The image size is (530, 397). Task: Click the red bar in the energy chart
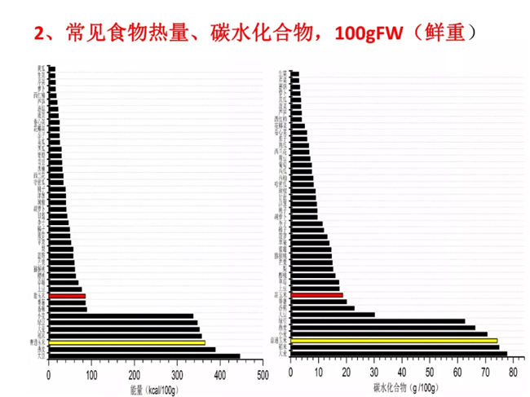(x=67, y=296)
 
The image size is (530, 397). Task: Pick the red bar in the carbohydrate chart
(x=316, y=295)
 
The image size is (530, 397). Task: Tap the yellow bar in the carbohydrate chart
(x=394, y=341)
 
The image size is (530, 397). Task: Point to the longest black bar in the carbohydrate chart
(x=399, y=354)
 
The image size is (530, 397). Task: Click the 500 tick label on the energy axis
(x=261, y=375)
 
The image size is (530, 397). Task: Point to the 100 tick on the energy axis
(x=91, y=375)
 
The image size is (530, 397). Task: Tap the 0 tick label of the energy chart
(x=49, y=375)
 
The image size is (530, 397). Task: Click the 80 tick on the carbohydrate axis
(x=512, y=373)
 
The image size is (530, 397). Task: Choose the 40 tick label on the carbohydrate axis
(x=401, y=373)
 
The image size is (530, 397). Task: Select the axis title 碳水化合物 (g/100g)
(x=405, y=386)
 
